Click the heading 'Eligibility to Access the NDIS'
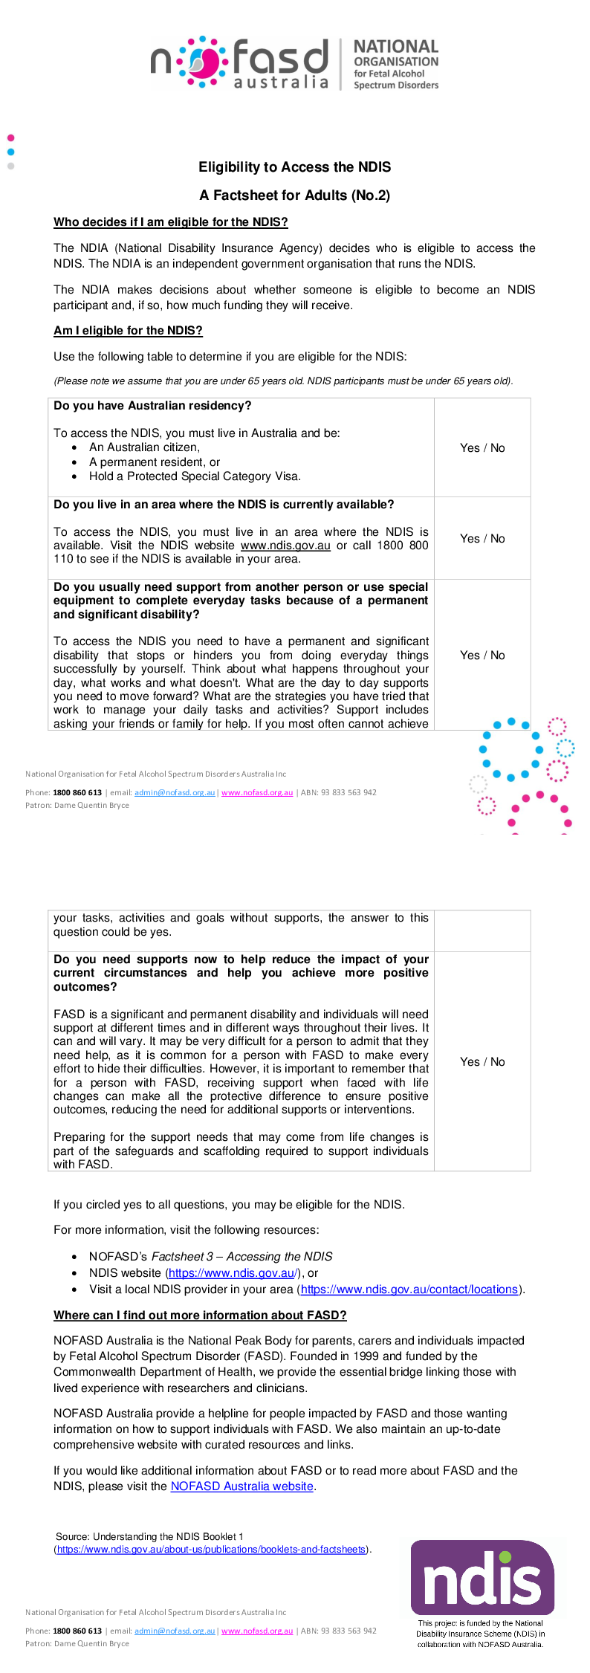[294, 167]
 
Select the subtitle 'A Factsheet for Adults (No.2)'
[294, 195]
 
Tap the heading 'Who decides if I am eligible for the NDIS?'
[170, 222]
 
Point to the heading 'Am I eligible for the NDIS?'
[128, 331]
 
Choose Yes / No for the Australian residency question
[482, 448]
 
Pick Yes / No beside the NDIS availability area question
[482, 539]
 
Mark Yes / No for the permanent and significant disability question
[482, 656]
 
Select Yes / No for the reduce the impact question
[482, 1062]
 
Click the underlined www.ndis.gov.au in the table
[285, 546]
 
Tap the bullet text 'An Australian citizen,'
[144, 447]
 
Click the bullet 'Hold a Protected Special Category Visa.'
[195, 476]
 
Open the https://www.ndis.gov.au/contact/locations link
[409, 1289]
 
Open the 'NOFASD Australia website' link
[241, 1486]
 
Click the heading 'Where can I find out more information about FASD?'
[200, 1316]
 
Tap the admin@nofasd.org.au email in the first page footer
[175, 792]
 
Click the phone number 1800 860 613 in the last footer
[77, 1631]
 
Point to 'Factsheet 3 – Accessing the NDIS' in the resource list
[241, 1257]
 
